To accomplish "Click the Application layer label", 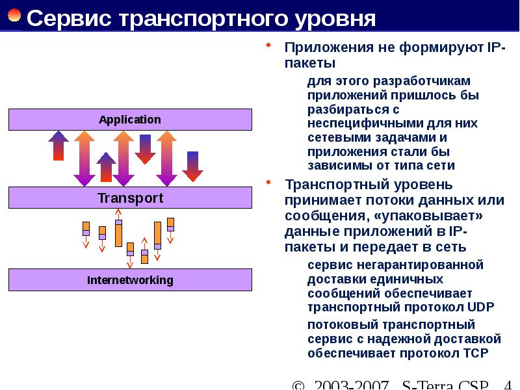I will tap(129, 120).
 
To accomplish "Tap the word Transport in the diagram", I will tap(130, 198).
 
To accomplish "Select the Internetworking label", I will tap(130, 280).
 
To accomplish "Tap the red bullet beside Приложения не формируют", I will tap(269, 46).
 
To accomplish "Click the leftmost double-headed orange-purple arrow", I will tap(84, 158).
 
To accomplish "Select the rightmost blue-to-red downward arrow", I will tap(192, 166).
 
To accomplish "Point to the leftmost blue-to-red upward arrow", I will tap(58, 146).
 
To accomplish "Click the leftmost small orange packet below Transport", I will tap(86, 229).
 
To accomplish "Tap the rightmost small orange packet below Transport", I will tap(170, 224).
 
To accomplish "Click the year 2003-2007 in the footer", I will tap(351, 384).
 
